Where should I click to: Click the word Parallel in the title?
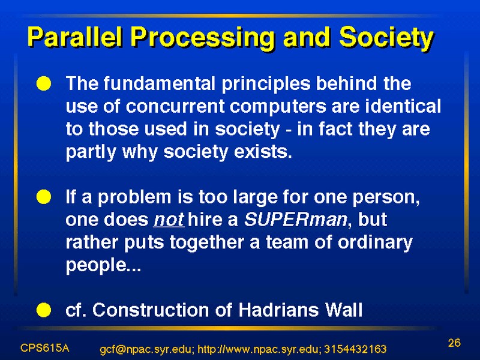76,38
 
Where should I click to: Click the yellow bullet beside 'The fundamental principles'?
44,83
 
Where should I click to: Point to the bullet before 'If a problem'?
44,197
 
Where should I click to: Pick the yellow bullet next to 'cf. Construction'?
44,310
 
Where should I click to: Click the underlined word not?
169,220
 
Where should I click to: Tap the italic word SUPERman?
296,219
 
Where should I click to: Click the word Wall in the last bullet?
344,310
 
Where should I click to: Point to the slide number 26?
454,343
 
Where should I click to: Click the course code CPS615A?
44,348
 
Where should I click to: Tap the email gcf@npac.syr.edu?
146,349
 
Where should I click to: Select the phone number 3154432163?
355,349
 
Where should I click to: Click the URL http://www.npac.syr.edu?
259,349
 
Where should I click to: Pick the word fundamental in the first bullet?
159,83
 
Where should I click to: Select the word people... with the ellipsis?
103,265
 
